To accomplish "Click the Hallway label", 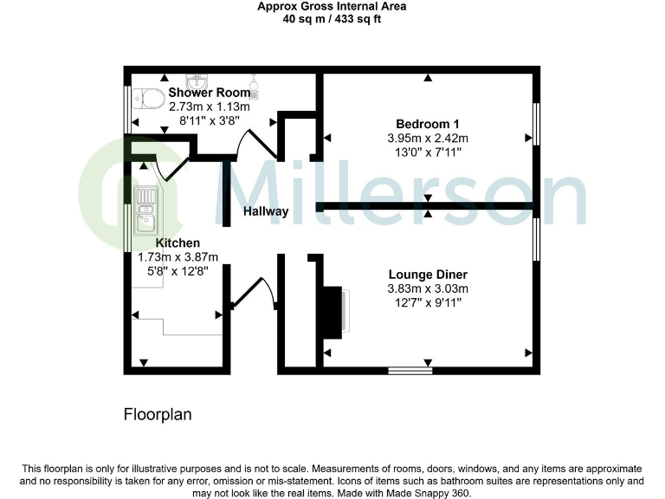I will (266, 211).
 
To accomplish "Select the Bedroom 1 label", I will (428, 122).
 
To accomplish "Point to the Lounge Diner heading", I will (428, 275).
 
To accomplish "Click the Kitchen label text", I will (178, 243).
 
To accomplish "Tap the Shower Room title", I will (209, 92).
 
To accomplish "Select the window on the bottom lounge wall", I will (410, 371).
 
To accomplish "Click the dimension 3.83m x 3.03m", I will (428, 289).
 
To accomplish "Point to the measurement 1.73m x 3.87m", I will (178, 257).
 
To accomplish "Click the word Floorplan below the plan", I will (157, 415).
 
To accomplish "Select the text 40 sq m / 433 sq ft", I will (332, 21).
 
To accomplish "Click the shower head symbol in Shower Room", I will (255, 85).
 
